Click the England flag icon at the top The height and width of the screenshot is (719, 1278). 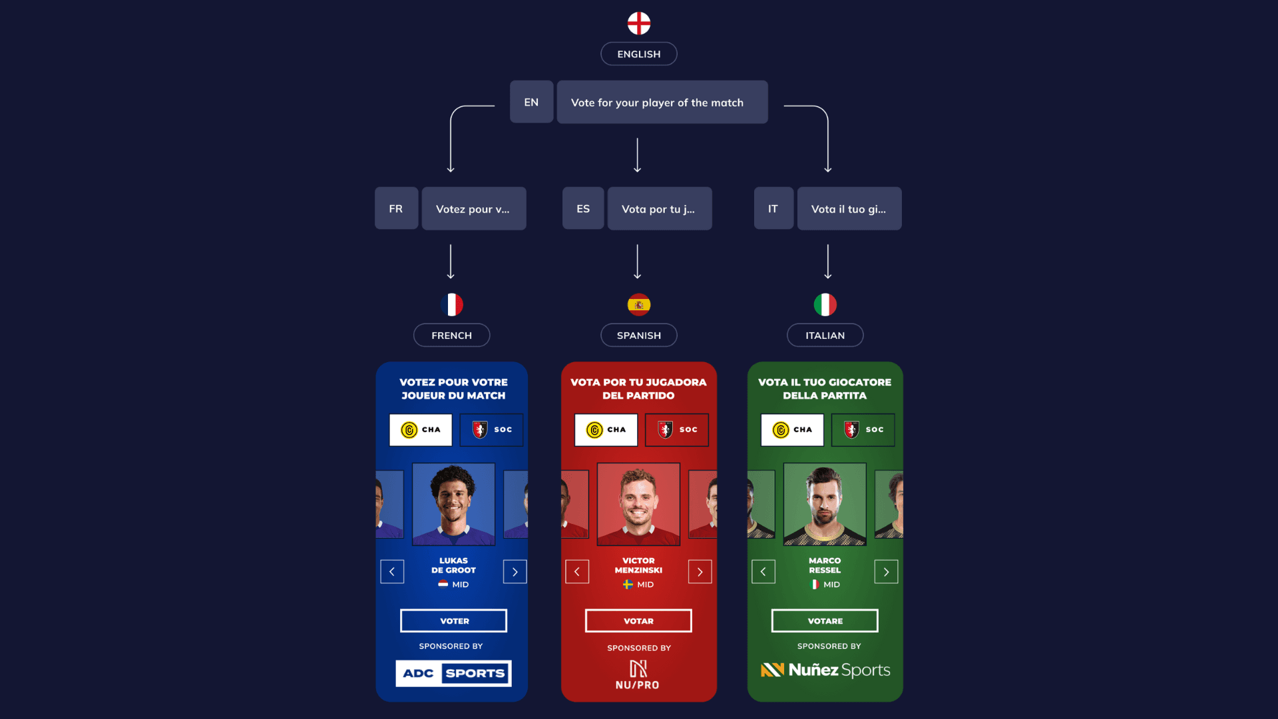point(638,23)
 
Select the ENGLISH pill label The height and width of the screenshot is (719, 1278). point(638,54)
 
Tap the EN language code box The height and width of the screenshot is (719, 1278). point(531,103)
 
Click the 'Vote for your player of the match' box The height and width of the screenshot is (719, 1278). point(662,103)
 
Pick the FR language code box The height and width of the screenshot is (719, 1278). point(396,209)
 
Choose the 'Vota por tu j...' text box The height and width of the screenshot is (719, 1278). point(659,209)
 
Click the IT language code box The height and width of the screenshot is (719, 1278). point(773,209)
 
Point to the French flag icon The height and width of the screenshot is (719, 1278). point(452,305)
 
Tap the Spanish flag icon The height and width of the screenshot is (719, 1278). point(638,305)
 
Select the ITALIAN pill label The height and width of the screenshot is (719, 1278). point(825,336)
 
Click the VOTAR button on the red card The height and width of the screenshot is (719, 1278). point(638,621)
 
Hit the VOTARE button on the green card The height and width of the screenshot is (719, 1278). point(825,621)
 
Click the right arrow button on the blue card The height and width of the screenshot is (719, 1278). point(515,572)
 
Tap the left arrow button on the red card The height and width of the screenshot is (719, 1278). point(577,572)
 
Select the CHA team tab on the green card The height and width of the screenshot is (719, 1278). point(792,430)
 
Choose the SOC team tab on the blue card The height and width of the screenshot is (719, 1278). point(491,430)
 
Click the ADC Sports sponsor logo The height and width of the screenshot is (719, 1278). point(453,673)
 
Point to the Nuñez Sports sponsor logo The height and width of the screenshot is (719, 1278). point(825,670)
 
